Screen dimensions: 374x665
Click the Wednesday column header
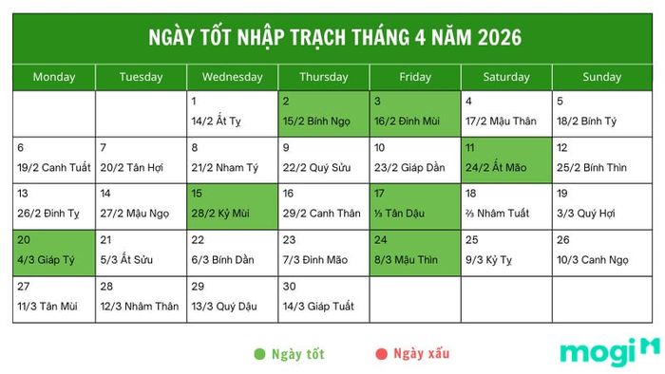tap(233, 77)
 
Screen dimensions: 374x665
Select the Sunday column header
tap(601, 77)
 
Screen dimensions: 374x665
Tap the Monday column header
tap(53, 77)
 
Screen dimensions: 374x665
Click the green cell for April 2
tap(324, 112)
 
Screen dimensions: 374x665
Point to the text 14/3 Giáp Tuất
tap(317, 306)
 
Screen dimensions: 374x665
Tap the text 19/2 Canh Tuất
tap(54, 167)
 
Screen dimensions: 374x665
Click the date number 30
tap(289, 287)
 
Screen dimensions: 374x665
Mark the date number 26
tap(563, 240)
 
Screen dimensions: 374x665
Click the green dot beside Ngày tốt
tap(259, 354)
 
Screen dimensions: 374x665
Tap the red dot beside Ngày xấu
tap(381, 354)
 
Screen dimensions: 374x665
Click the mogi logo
tap(609, 351)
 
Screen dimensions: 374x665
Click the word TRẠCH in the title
tap(313, 38)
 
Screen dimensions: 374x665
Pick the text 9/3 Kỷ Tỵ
tap(489, 259)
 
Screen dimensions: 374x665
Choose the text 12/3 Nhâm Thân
tap(140, 306)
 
